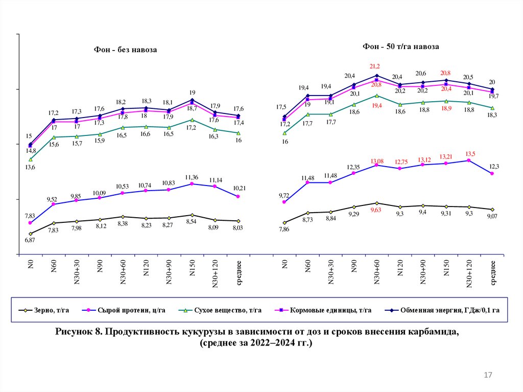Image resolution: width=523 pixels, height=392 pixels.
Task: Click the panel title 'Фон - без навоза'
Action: [125, 50]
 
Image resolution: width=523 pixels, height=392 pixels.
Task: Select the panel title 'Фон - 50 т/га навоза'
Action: [401, 47]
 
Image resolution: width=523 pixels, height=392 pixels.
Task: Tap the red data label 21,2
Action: [375, 66]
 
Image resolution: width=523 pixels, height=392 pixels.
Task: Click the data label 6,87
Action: [30, 240]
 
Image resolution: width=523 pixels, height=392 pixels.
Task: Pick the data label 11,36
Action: [192, 177]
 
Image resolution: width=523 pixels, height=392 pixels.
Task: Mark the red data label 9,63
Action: [376, 210]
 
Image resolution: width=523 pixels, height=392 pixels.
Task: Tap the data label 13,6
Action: [30, 168]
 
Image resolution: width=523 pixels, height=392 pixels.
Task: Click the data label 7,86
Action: [284, 229]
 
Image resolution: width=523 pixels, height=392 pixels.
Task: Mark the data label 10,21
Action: [238, 188]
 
